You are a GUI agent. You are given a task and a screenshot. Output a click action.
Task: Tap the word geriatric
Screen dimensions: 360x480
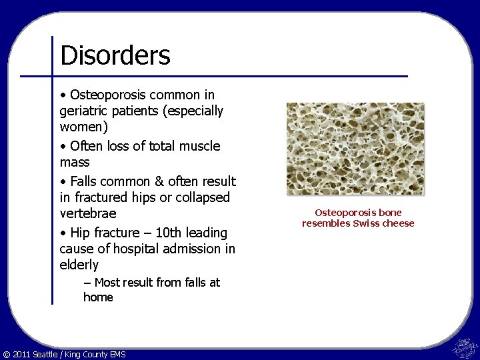click(x=85, y=111)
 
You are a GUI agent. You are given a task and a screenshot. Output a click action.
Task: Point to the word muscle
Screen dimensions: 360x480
click(x=199, y=145)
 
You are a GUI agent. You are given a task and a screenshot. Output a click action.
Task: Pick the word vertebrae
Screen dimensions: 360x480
click(x=87, y=213)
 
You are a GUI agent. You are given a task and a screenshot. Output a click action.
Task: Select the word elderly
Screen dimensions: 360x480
click(x=79, y=265)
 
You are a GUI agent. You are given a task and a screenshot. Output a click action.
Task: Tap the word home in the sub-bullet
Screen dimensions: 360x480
click(x=98, y=297)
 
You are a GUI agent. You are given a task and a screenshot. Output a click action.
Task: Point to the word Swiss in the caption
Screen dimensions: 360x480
click(x=365, y=223)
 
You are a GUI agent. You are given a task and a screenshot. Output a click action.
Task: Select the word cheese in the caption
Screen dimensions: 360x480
click(x=397, y=223)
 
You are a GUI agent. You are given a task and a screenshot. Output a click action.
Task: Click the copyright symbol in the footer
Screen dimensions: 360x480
click(x=7, y=354)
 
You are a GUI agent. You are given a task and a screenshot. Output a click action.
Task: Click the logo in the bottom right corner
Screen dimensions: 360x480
click(x=464, y=347)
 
